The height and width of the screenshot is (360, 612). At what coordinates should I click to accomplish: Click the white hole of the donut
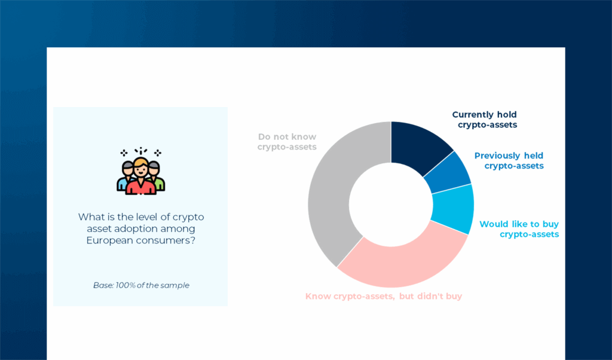pyautogui.click(x=391, y=204)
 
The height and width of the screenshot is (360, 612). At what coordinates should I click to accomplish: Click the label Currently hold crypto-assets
pyautogui.click(x=485, y=120)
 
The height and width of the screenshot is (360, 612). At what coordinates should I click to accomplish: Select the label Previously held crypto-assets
pyautogui.click(x=509, y=160)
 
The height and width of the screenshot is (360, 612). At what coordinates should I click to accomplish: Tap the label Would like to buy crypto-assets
pyautogui.click(x=519, y=229)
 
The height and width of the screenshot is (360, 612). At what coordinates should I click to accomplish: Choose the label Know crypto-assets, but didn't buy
pyautogui.click(x=383, y=296)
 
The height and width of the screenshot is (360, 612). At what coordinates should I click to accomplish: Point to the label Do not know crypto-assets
pyautogui.click(x=287, y=142)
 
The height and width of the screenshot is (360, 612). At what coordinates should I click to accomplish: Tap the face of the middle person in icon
pyautogui.click(x=141, y=167)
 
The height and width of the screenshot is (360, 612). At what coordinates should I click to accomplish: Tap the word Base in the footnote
pyautogui.click(x=102, y=285)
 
